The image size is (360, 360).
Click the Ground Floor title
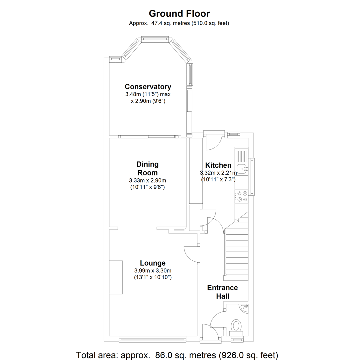point(179,14)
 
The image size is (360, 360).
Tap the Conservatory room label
point(148,87)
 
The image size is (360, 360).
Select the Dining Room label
point(147,168)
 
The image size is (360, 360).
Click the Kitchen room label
point(218,165)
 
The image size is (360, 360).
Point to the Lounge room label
point(153,263)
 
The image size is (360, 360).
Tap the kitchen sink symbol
point(242,168)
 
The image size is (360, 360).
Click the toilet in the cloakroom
point(236,325)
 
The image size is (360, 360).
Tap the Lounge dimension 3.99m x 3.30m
point(153,271)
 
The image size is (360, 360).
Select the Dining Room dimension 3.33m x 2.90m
point(147,181)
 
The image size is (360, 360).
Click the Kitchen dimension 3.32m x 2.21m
point(218,173)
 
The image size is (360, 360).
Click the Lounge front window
point(153,339)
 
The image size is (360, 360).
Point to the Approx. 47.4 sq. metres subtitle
point(179,23)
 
